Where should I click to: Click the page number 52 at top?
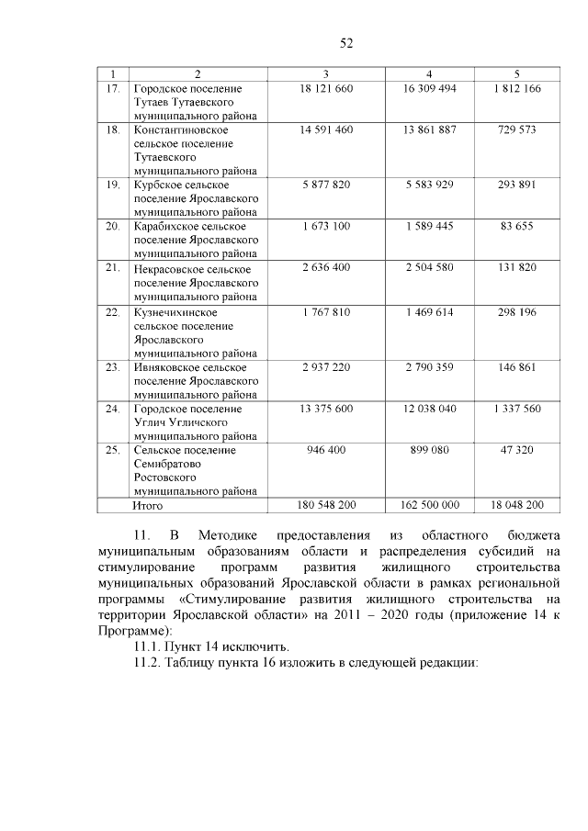pyautogui.click(x=346, y=42)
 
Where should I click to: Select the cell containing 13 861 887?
pyautogui.click(x=429, y=130)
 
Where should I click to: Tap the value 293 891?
pyautogui.click(x=517, y=184)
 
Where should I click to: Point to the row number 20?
pyautogui.click(x=113, y=226)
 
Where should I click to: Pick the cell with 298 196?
pyautogui.click(x=517, y=312)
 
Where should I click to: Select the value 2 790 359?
pyautogui.click(x=429, y=365)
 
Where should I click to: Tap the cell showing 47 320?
pyautogui.click(x=517, y=450)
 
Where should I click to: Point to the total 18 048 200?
pyautogui.click(x=517, y=504)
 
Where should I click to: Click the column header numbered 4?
pyautogui.click(x=429, y=73)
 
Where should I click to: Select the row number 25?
pyautogui.click(x=113, y=450)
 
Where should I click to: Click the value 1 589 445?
pyautogui.click(x=429, y=226)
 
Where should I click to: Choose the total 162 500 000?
pyautogui.click(x=429, y=504)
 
